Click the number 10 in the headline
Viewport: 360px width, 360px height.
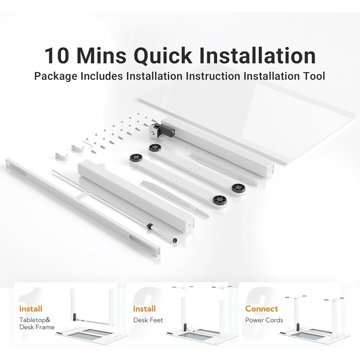57,56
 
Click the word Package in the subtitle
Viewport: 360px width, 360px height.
56,77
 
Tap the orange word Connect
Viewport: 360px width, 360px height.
261,309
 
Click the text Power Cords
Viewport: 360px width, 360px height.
264,320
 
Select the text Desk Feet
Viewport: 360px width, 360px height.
148,320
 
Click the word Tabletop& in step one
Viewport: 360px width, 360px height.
34,320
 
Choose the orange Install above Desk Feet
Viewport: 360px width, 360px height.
144,309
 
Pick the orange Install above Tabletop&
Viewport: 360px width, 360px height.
31,309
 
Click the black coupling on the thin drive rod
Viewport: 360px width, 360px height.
150,226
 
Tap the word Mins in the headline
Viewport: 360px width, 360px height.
101,56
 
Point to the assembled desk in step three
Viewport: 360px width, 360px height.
315,319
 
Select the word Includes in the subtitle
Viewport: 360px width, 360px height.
101,76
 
